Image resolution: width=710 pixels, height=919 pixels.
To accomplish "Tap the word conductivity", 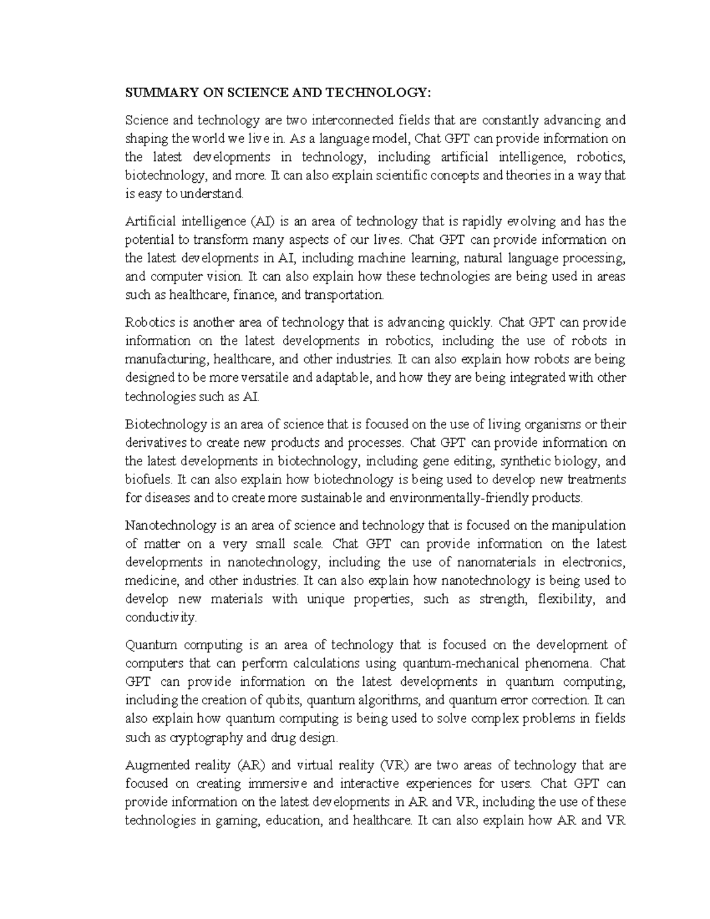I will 160,617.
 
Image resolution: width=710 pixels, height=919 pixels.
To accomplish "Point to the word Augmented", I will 156,765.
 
